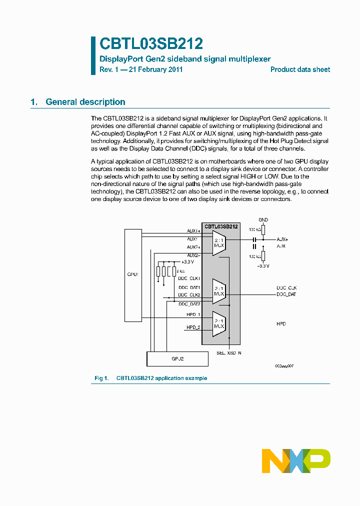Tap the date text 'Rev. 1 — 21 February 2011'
(141, 69)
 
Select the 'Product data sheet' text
(300, 69)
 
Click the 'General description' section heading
(85, 102)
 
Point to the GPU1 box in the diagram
(132, 274)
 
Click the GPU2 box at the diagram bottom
(177, 358)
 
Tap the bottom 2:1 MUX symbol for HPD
(219, 322)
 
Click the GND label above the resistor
(263, 219)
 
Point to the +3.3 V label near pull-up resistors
(187, 261)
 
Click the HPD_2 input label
(193, 327)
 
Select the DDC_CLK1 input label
(189, 278)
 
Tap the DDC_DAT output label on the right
(286, 294)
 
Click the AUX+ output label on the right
(282, 239)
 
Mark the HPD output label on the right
(281, 324)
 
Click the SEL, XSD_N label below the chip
(229, 353)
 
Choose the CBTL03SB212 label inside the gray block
(220, 226)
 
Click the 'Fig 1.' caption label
(101, 378)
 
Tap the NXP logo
(296, 460)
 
